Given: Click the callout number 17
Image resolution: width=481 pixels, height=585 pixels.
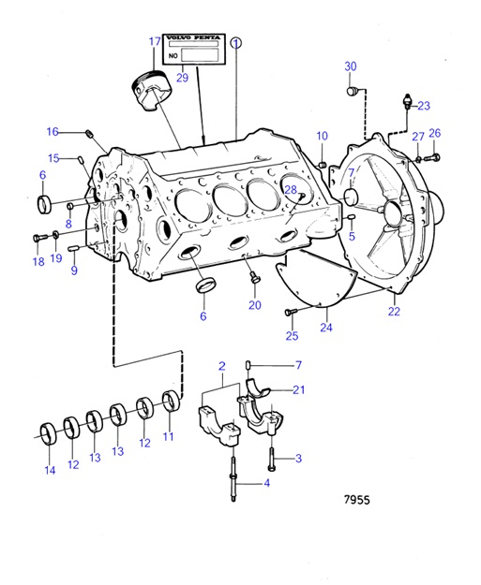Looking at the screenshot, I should [155, 41].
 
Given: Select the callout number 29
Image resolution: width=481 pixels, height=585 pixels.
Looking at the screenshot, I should [182, 78].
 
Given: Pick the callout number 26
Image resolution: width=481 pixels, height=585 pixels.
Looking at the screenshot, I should [434, 134].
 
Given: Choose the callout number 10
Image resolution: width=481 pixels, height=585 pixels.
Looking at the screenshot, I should [322, 136].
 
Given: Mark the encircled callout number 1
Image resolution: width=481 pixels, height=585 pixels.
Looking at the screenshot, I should [236, 42].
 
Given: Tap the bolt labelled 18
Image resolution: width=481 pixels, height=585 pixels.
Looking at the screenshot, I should [38, 238].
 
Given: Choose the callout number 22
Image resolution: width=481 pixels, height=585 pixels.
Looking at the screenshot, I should [394, 311].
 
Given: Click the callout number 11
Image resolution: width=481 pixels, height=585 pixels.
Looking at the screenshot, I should [170, 436].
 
